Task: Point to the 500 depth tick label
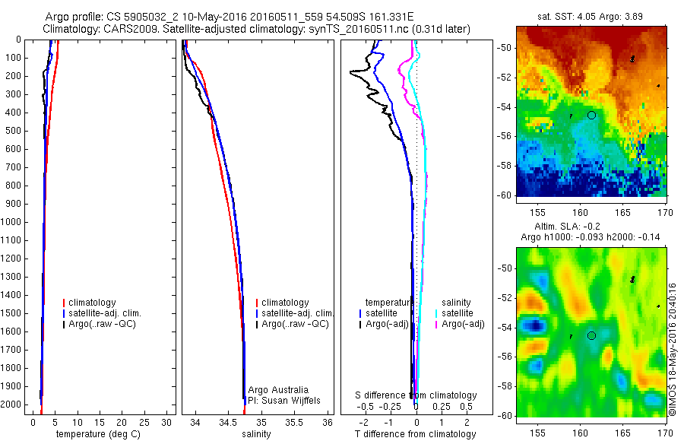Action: [13, 130]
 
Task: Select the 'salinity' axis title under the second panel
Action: [256, 434]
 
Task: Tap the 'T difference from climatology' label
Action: [415, 434]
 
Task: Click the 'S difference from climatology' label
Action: [416, 395]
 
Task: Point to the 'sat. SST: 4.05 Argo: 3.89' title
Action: [591, 15]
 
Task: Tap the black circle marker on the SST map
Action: [591, 115]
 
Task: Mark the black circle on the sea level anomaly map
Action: [591, 335]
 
